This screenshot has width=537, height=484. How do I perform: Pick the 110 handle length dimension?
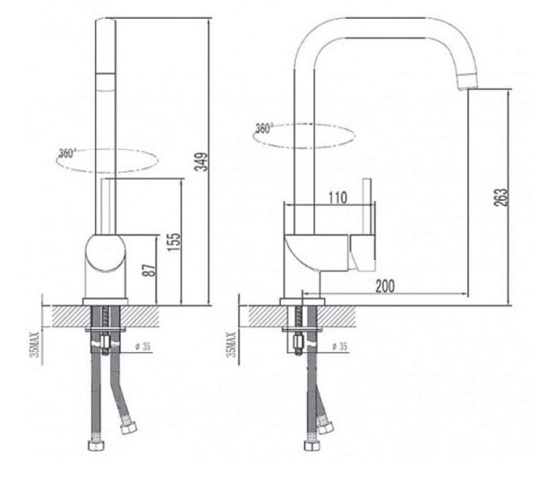[x=337, y=199]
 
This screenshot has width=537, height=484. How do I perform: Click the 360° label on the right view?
[x=265, y=128]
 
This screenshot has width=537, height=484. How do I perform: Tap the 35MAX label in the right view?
[x=232, y=341]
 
